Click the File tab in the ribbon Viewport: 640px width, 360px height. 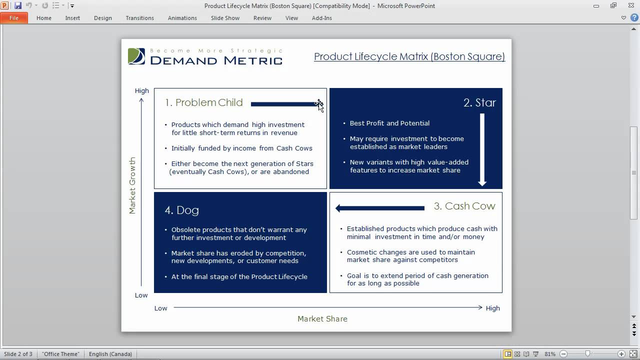pyautogui.click(x=13, y=18)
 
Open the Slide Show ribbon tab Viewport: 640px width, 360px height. pyautogui.click(x=225, y=18)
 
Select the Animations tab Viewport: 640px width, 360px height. pyautogui.click(x=182, y=18)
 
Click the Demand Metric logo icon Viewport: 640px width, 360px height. pyautogui.click(x=136, y=56)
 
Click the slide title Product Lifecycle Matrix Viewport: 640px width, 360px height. pyautogui.click(x=409, y=56)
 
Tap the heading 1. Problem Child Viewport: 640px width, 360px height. pyautogui.click(x=204, y=102)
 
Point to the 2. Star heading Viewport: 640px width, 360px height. pyautogui.click(x=479, y=102)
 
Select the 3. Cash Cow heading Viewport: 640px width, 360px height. pyautogui.click(x=464, y=206)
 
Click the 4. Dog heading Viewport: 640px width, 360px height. pyautogui.click(x=182, y=210)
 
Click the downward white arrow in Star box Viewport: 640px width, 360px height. pyautogui.click(x=482, y=150)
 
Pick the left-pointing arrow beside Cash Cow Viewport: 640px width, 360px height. pyautogui.click(x=380, y=208)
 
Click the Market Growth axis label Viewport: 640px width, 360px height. pyautogui.click(x=132, y=185)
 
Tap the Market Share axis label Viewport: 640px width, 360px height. pyautogui.click(x=322, y=318)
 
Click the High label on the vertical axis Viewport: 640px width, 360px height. pyautogui.click(x=142, y=90)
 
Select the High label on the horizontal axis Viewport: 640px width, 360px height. pyautogui.click(x=492, y=308)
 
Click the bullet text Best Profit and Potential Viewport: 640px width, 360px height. pyautogui.click(x=389, y=123)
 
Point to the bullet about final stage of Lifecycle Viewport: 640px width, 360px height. pyautogui.click(x=239, y=276)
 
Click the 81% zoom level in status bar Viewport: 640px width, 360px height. pyautogui.click(x=550, y=354)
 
